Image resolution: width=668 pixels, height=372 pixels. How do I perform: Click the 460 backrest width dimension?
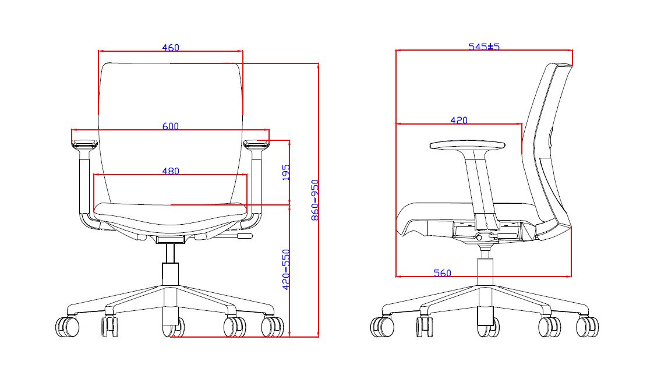[x=171, y=48]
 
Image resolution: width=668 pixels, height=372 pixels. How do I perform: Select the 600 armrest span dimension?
[x=171, y=126]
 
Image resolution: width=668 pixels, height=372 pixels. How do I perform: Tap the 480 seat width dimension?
[x=171, y=171]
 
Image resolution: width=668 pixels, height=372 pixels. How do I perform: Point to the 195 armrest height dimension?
[x=287, y=172]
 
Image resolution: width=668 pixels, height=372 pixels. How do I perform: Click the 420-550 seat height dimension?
[x=287, y=270]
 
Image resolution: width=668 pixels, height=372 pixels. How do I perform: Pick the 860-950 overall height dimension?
[x=315, y=200]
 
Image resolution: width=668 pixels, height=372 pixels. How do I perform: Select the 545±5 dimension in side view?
[x=484, y=47]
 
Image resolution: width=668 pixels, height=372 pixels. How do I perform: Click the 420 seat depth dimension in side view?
[x=459, y=121]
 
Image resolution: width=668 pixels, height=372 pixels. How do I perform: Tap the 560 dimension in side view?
[x=442, y=273]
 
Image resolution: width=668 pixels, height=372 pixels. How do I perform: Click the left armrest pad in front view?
[x=85, y=144]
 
